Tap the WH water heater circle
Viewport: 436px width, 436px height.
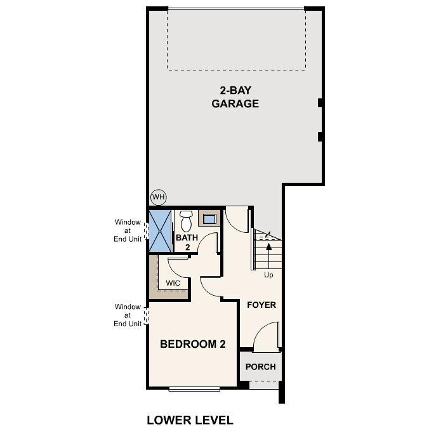tap(158, 197)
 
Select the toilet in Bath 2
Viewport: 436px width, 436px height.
tap(186, 221)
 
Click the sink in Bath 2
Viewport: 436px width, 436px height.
tap(209, 219)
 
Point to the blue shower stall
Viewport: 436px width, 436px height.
tap(160, 230)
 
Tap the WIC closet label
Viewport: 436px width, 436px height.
tap(173, 283)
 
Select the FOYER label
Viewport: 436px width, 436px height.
tap(261, 305)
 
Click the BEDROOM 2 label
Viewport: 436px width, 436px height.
tap(193, 345)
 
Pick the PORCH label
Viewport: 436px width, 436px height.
tap(261, 367)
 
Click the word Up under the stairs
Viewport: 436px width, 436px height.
tap(269, 275)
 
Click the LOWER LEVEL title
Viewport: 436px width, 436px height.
tap(190, 419)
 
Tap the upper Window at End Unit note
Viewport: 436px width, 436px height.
tap(128, 230)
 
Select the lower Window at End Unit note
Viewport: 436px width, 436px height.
tap(128, 315)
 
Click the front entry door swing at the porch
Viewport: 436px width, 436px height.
tap(267, 336)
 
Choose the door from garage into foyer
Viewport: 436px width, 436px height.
tap(238, 219)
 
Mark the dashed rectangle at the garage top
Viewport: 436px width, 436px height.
tap(235, 39)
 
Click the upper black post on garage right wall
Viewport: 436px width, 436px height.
tap(320, 103)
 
